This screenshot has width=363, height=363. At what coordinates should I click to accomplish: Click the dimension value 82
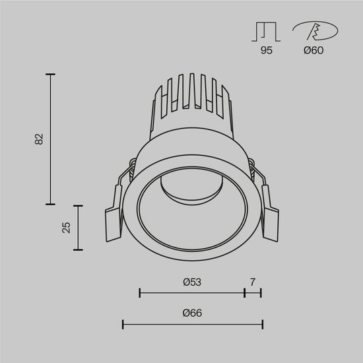(39, 139)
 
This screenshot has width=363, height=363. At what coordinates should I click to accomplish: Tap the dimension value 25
(65, 228)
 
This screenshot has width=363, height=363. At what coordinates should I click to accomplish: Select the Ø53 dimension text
(191, 282)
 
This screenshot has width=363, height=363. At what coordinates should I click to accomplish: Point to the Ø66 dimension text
(191, 313)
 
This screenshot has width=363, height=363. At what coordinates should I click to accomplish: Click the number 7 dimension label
(253, 282)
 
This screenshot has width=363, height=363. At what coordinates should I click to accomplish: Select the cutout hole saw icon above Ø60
(314, 31)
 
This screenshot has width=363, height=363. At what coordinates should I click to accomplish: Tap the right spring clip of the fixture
(269, 214)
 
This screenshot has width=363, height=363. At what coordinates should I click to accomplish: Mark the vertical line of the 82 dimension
(50, 139)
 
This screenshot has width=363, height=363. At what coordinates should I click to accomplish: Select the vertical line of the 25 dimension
(79, 228)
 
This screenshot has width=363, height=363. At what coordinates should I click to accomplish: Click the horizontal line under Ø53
(191, 292)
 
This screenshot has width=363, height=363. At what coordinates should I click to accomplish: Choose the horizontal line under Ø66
(193, 323)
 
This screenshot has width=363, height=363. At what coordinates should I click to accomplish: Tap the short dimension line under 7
(253, 292)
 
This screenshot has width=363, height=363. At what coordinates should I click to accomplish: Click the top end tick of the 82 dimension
(50, 75)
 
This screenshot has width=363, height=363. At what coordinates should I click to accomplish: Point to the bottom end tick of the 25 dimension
(79, 249)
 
